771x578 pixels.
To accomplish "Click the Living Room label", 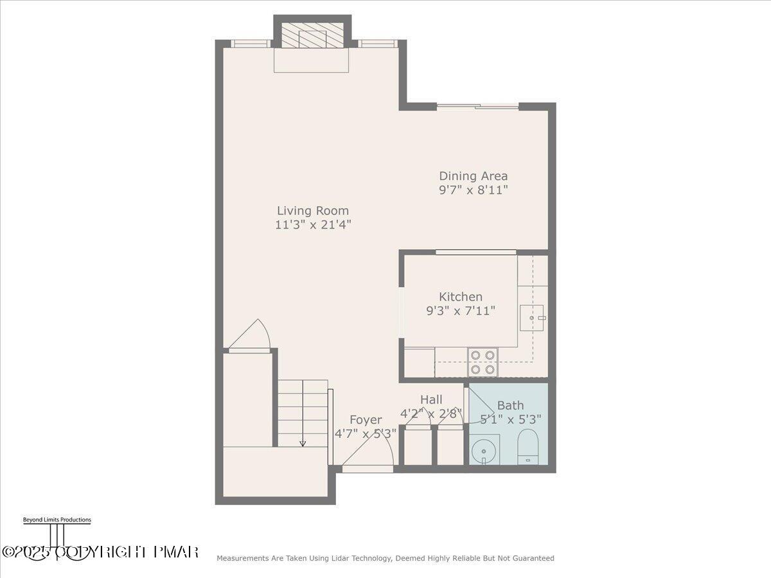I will pyautogui.click(x=313, y=211).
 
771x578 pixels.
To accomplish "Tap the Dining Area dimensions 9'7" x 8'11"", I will pyautogui.click(x=473, y=190).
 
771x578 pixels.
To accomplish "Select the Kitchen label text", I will pyautogui.click(x=460, y=297).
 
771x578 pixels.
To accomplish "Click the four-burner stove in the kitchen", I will pyautogui.click(x=483, y=362).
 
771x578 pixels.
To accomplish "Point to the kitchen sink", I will pyautogui.click(x=532, y=317).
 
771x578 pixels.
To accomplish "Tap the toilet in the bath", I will pyautogui.click(x=528, y=446).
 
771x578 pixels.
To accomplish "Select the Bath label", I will pyautogui.click(x=510, y=405).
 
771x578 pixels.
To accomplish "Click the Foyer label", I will pyautogui.click(x=365, y=420).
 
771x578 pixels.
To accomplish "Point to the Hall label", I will pyautogui.click(x=431, y=399).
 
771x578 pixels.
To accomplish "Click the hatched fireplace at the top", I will pyautogui.click(x=312, y=37).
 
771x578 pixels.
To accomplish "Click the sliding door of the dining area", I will pyautogui.click(x=477, y=107).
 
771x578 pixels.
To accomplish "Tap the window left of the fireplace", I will pyautogui.click(x=250, y=44).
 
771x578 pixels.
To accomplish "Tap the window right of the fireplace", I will pyautogui.click(x=377, y=44).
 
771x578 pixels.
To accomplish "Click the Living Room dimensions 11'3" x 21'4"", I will pyautogui.click(x=313, y=225).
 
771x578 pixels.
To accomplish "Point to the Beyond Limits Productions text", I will pyautogui.click(x=57, y=520).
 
